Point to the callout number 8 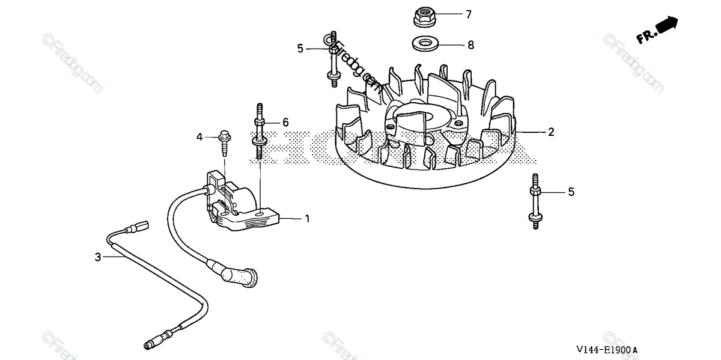click(470, 44)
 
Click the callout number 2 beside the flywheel click(550, 132)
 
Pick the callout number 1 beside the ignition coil click(307, 219)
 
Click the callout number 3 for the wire click(98, 257)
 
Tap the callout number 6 click(285, 122)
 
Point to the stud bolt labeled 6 click(260, 132)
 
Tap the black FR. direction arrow click(667, 26)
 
